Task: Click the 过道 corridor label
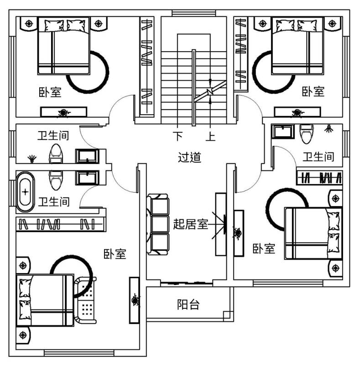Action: pyautogui.click(x=189, y=157)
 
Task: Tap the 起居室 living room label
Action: pyautogui.click(x=190, y=224)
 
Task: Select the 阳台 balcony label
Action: pyautogui.click(x=188, y=305)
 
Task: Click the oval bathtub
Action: pyautogui.click(x=26, y=192)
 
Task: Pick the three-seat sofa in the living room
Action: pyautogui.click(x=158, y=224)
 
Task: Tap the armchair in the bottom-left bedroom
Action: pyautogui.click(x=87, y=299)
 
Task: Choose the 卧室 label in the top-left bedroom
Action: pyautogui.click(x=50, y=93)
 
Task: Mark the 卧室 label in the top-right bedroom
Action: pyautogui.click(x=313, y=92)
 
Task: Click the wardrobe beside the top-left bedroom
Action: pyautogui.click(x=146, y=67)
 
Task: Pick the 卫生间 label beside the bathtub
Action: pyautogui.click(x=53, y=201)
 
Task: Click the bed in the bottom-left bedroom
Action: pyautogui.click(x=46, y=300)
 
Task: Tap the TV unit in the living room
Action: pyautogui.click(x=221, y=224)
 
